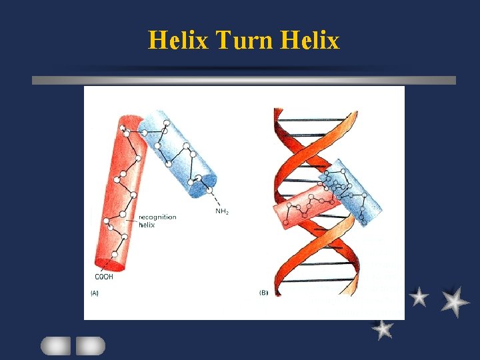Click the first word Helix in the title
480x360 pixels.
(178, 41)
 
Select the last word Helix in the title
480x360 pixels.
(310, 41)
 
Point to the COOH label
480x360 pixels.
(103, 277)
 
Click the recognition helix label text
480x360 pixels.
(157, 221)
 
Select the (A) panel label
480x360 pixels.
(95, 293)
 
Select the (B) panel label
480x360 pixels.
(263, 293)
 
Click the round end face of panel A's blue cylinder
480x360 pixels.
(203, 184)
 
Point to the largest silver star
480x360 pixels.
(455, 301)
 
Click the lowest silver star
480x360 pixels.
(382, 329)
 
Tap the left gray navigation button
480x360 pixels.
(55, 345)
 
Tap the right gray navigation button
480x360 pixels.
(90, 345)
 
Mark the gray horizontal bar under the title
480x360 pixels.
(244, 80)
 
